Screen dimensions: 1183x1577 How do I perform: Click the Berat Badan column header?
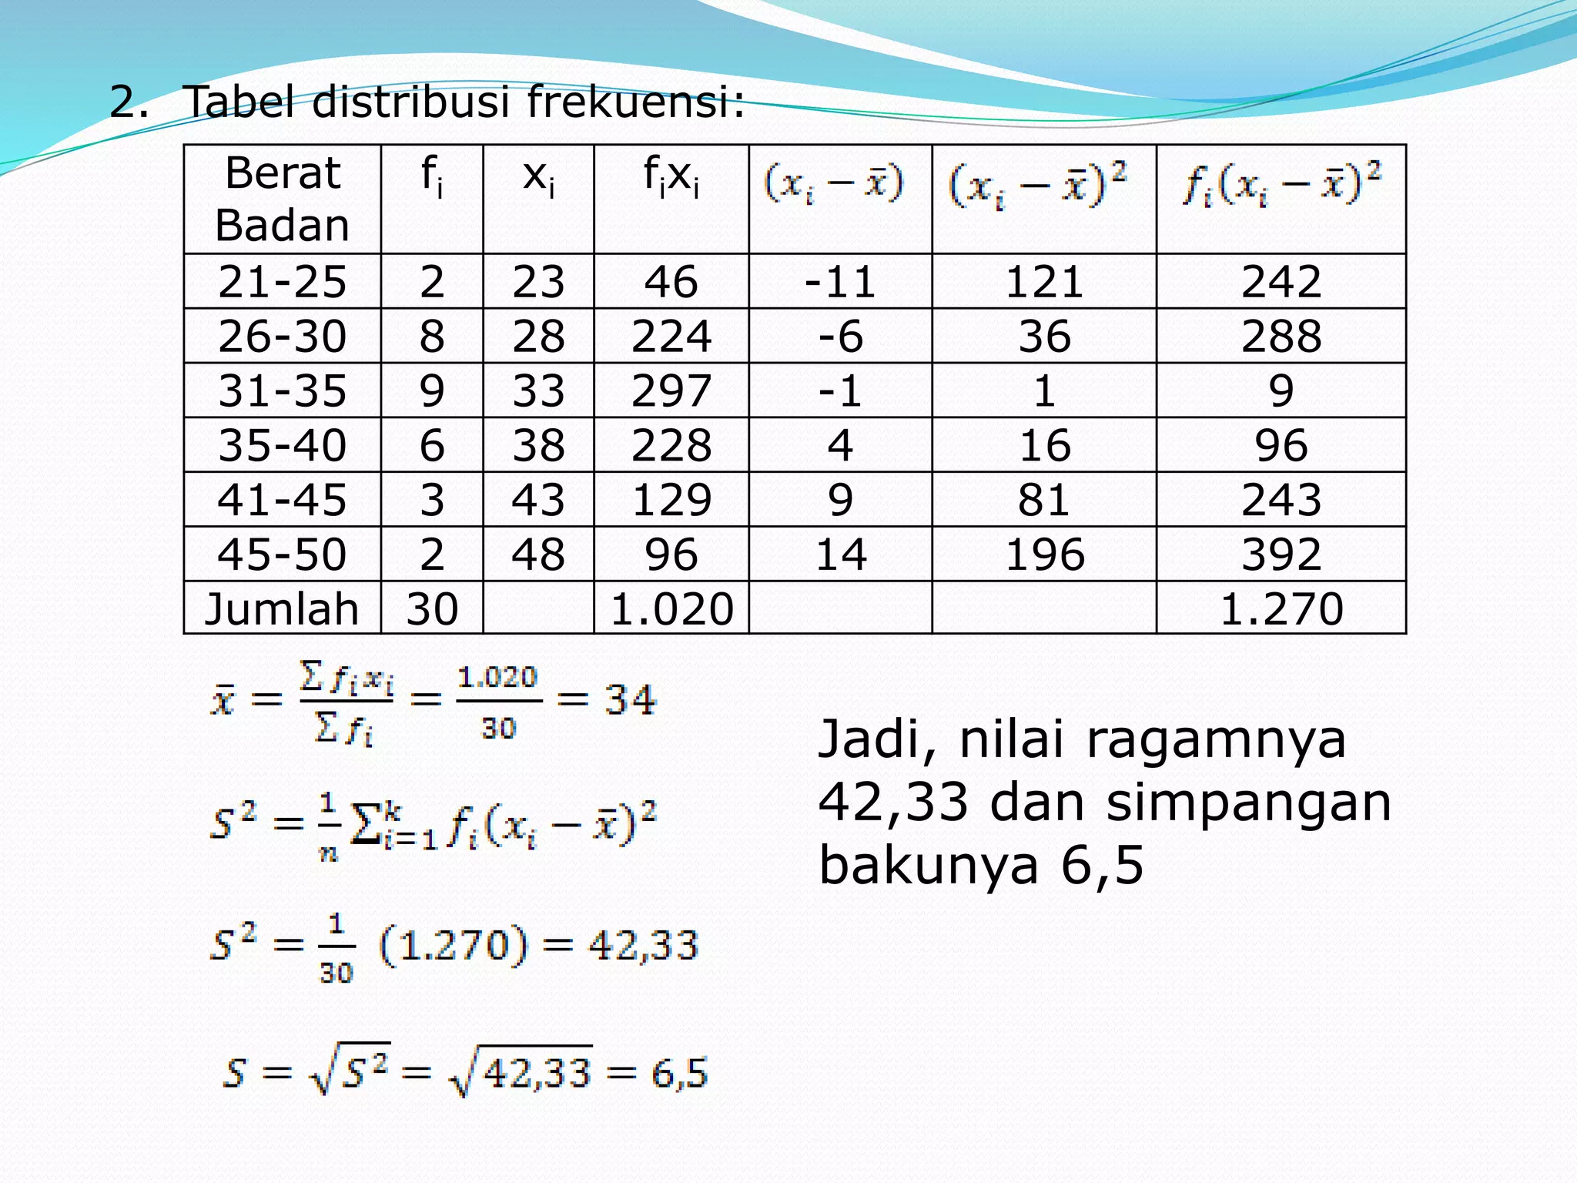[x=282, y=199]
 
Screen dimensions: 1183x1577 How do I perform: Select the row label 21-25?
[x=282, y=282]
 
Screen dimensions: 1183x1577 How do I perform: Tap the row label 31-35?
[x=282, y=391]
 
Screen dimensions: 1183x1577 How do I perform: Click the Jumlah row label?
[x=282, y=609]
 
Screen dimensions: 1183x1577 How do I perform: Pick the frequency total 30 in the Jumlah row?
[x=432, y=609]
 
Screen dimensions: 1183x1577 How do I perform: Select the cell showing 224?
[x=671, y=337]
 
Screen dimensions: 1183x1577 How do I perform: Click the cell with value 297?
[x=671, y=391]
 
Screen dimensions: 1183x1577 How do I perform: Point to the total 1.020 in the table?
[x=671, y=609]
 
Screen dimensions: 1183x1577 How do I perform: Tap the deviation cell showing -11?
[x=840, y=282]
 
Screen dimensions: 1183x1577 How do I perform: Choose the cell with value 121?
[x=1044, y=282]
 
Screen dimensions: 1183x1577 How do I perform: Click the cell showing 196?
[x=1044, y=555]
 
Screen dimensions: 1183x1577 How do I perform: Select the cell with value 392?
[x=1281, y=555]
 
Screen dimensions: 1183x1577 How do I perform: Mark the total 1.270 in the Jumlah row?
[x=1281, y=609]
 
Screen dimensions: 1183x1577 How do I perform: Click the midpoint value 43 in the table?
[x=538, y=500]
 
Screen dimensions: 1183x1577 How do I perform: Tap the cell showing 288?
[x=1281, y=337]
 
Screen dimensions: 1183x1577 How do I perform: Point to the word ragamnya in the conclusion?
[x=1216, y=740]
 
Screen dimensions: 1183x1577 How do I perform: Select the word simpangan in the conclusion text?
[x=1249, y=803]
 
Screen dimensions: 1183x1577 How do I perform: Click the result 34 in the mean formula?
[x=630, y=701]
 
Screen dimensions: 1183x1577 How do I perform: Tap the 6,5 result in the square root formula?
[x=679, y=1073]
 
